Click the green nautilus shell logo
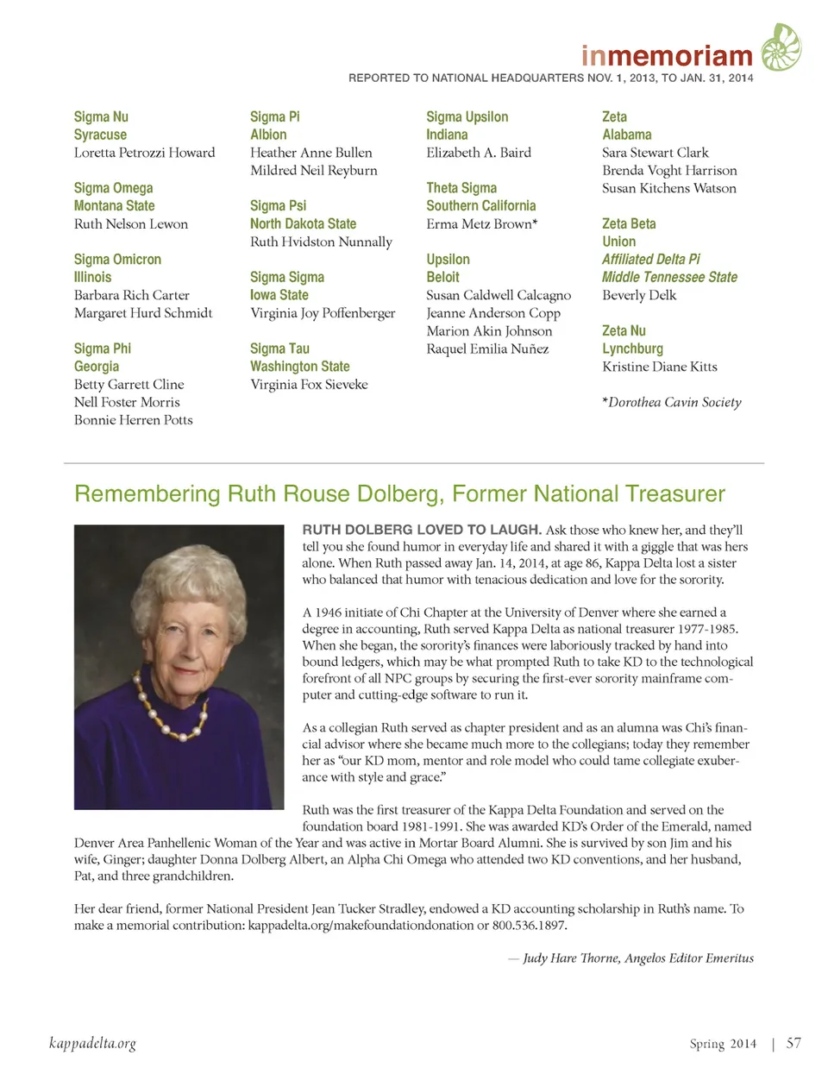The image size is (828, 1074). [781, 48]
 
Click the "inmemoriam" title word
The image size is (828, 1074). [667, 56]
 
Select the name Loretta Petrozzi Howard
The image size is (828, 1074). [144, 153]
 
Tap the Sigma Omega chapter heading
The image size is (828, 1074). [113, 188]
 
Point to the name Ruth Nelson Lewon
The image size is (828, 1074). [131, 224]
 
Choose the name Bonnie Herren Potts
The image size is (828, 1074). [134, 420]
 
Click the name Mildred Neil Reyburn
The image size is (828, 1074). [314, 171]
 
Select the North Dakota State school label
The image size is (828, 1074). [303, 223]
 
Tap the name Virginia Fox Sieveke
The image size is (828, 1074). [309, 385]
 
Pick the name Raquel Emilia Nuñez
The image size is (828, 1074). [487, 349]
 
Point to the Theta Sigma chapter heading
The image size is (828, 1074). [461, 188]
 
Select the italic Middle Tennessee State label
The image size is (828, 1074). [669, 277]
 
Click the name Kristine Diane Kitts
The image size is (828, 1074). [660, 367]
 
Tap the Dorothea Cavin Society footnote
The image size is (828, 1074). [672, 403]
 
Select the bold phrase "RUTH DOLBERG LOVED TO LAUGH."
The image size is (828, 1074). [422, 530]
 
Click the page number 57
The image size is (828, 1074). [793, 1043]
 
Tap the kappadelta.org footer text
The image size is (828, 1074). [92, 1044]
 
